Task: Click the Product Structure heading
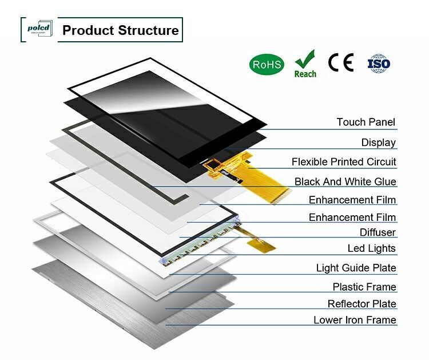coord(120,30)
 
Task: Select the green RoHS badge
coord(267,64)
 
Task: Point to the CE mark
coord(341,62)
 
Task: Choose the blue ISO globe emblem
coord(379,63)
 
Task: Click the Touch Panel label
coord(366,122)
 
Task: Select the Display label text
coord(378,143)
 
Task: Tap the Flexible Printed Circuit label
coord(343,162)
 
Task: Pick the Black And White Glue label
coord(345,181)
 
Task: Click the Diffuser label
coord(378,232)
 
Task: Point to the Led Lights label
coord(371,248)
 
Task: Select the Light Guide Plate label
coord(356,268)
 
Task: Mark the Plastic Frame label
coord(364,287)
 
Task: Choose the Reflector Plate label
coord(362,303)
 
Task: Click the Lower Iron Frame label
coord(355,320)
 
